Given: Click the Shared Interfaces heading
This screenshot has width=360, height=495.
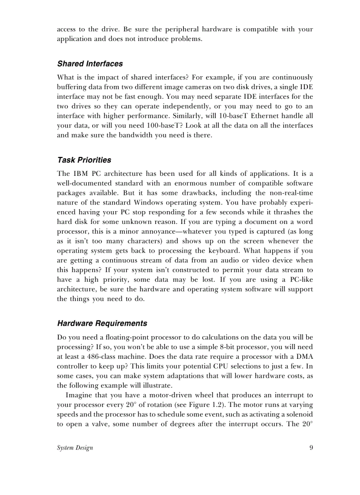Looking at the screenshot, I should (90, 64).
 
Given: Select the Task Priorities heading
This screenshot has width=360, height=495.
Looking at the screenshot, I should (84, 160).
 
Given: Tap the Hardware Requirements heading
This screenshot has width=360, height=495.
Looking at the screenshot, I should (102, 324).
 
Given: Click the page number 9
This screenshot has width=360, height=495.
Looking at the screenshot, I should (311, 448).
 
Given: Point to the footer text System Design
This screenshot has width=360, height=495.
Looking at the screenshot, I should (75, 448).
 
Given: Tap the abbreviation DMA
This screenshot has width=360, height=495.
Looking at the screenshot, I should (304, 357).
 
